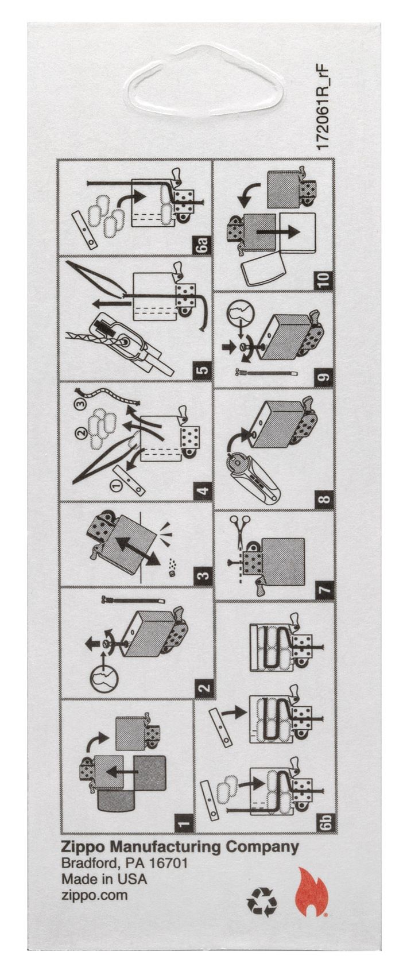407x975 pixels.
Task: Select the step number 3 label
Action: [x=203, y=575]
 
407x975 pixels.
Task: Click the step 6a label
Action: [x=203, y=244]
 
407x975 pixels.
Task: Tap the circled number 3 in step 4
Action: [x=80, y=404]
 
